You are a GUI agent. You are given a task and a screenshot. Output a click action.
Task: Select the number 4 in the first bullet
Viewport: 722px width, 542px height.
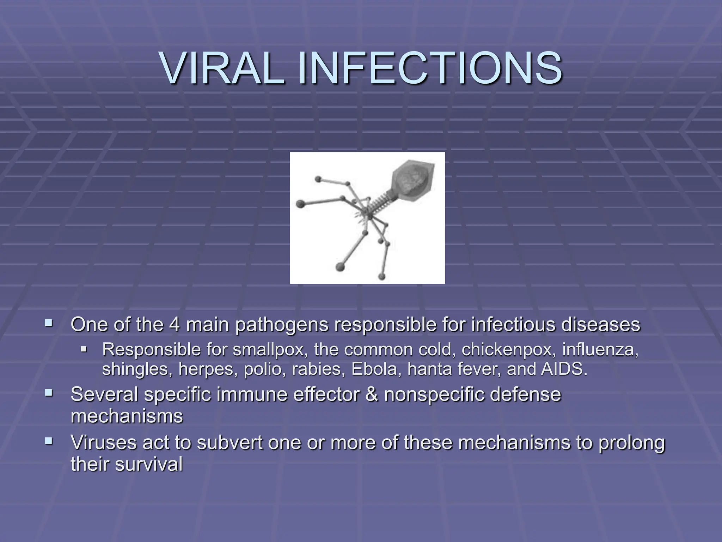[x=175, y=324]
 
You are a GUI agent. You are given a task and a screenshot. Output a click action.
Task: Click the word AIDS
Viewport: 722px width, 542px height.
[x=564, y=369]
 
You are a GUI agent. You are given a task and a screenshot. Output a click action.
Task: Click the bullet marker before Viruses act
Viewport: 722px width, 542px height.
[x=49, y=441]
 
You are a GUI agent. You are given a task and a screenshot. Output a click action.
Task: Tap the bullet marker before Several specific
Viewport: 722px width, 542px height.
[x=49, y=392]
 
